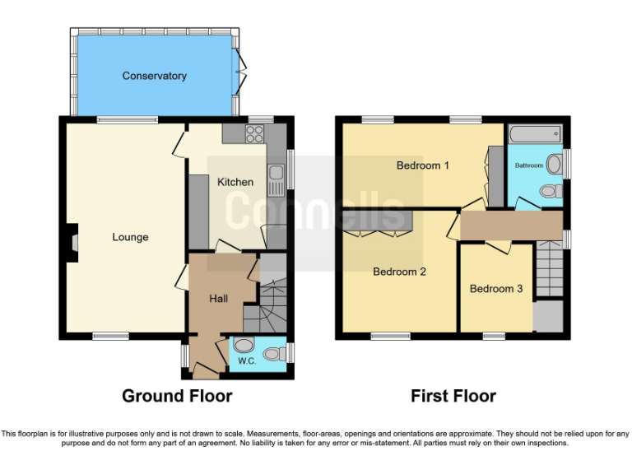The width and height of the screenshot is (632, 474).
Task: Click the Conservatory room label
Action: pos(154,76)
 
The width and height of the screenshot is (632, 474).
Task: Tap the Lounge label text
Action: pos(130,237)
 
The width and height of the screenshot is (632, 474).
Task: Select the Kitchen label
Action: pos(235,182)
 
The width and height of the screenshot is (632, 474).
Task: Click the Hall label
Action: pos(218,299)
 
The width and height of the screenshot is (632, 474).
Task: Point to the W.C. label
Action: pos(247,360)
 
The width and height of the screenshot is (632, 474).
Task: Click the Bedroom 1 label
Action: pos(423,165)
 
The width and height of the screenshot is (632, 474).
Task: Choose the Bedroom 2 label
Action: pos(399,272)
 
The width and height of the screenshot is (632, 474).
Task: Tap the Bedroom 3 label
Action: pos(496,289)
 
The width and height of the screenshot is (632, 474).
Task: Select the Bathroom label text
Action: pos(528,165)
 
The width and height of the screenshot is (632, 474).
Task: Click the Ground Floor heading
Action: pos(177,396)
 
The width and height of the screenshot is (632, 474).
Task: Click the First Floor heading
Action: pos(453,396)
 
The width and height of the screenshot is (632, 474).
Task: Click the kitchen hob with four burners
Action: pos(254,133)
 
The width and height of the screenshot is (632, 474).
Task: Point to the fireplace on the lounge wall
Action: pos(72,244)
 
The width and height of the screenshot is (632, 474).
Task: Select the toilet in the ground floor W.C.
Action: pos(278,352)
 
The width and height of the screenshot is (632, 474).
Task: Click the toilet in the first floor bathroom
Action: pos(549,191)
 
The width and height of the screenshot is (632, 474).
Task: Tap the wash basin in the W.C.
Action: pos(242,346)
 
